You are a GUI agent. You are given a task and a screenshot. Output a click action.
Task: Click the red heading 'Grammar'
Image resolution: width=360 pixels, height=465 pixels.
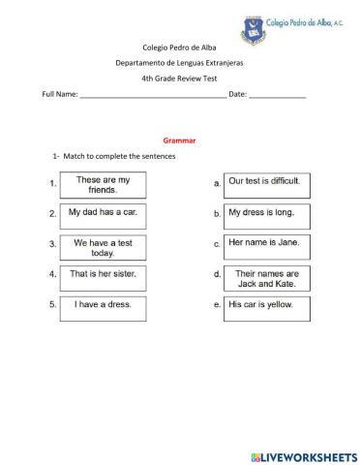click(179, 139)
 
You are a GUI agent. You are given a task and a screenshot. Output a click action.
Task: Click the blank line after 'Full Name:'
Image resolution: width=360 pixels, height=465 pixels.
click(153, 96)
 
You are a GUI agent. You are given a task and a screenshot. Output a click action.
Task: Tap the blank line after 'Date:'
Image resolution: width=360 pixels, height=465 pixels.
click(278, 96)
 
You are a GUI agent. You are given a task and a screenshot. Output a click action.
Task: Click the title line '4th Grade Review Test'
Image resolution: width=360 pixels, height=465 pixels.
click(179, 78)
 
